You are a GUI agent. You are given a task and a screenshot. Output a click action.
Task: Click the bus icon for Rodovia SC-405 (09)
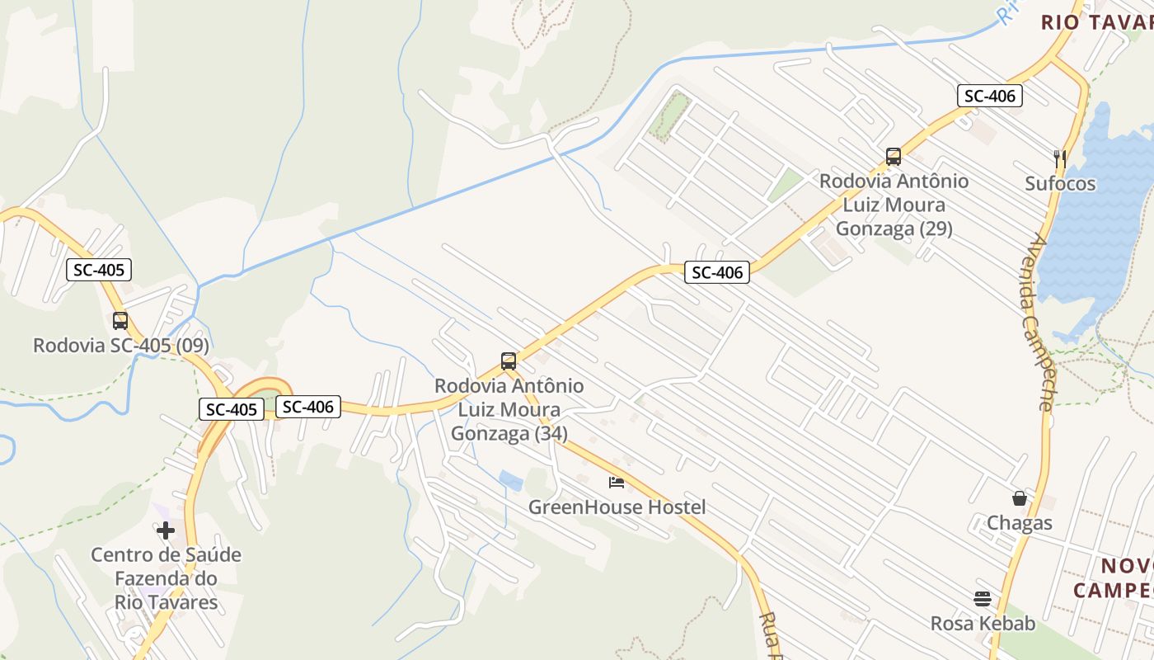120,321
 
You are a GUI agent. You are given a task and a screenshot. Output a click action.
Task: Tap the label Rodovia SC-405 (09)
121,346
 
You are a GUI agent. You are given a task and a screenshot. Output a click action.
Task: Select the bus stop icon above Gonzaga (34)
509,361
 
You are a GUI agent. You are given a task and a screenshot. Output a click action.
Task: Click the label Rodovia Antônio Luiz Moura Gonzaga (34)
509,409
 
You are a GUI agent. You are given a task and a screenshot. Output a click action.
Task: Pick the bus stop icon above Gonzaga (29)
893,157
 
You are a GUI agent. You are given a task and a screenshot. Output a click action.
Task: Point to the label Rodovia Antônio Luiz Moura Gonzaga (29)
894,205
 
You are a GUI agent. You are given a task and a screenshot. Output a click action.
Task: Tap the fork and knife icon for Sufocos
1060,158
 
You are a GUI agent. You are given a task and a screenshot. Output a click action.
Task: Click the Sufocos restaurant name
1060,183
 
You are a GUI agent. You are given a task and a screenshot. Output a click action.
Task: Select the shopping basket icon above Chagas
1020,498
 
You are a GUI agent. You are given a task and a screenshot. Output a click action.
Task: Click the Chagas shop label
1020,523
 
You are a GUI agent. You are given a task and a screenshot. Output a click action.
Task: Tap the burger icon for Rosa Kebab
983,598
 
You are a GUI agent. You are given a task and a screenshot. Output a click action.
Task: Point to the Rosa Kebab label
983,624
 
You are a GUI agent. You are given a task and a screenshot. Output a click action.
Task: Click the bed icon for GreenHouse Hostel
617,482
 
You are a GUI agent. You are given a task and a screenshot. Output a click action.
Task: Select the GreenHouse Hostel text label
617,507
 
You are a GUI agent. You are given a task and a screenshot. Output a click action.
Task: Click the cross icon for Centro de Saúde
166,530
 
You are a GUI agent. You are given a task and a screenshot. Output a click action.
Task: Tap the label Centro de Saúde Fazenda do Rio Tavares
166,578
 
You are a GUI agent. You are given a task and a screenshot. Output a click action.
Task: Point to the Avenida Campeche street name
1041,322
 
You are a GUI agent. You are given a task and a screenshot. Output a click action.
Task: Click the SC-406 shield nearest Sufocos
990,96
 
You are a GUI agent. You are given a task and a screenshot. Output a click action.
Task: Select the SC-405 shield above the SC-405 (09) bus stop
99,270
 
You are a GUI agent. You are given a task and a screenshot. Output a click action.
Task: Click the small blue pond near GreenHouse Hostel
510,480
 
